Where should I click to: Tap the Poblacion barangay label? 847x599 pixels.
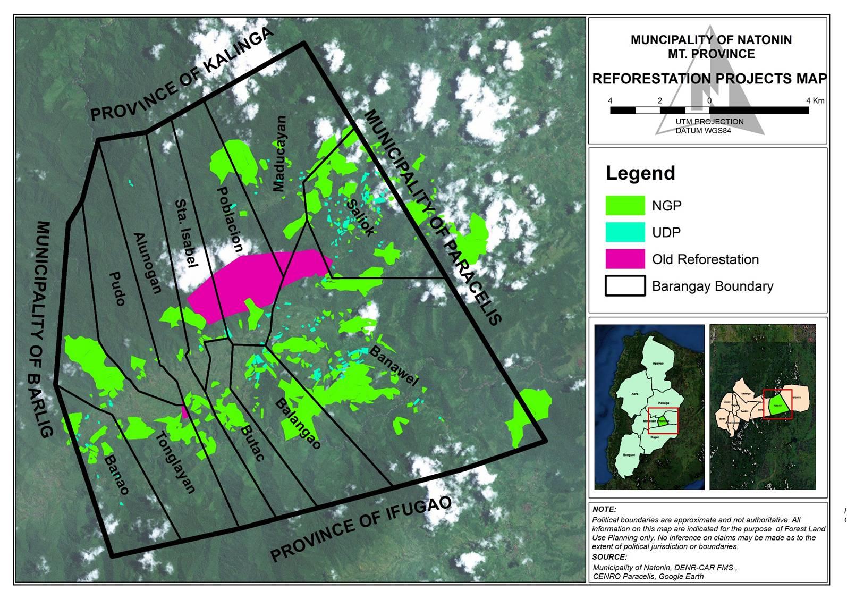(x=230, y=219)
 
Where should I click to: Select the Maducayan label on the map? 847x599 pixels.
(x=279, y=154)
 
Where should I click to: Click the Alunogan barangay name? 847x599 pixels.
(x=147, y=263)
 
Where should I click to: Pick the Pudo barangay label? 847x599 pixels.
(x=117, y=289)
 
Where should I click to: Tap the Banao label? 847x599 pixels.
(x=116, y=475)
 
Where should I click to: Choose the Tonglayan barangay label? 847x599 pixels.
(x=175, y=462)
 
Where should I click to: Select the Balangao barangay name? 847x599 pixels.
(x=298, y=423)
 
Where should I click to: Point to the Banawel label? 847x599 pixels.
(x=394, y=366)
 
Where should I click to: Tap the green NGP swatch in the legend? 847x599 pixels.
(x=625, y=206)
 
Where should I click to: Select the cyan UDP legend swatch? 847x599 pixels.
(x=625, y=232)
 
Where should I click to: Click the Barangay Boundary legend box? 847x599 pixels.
(x=625, y=286)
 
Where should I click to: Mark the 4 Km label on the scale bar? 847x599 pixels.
(x=815, y=100)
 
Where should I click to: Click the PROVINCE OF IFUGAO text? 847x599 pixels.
(x=361, y=529)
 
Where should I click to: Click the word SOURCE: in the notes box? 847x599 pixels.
(x=609, y=557)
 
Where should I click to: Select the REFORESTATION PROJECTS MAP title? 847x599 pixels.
(x=709, y=79)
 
